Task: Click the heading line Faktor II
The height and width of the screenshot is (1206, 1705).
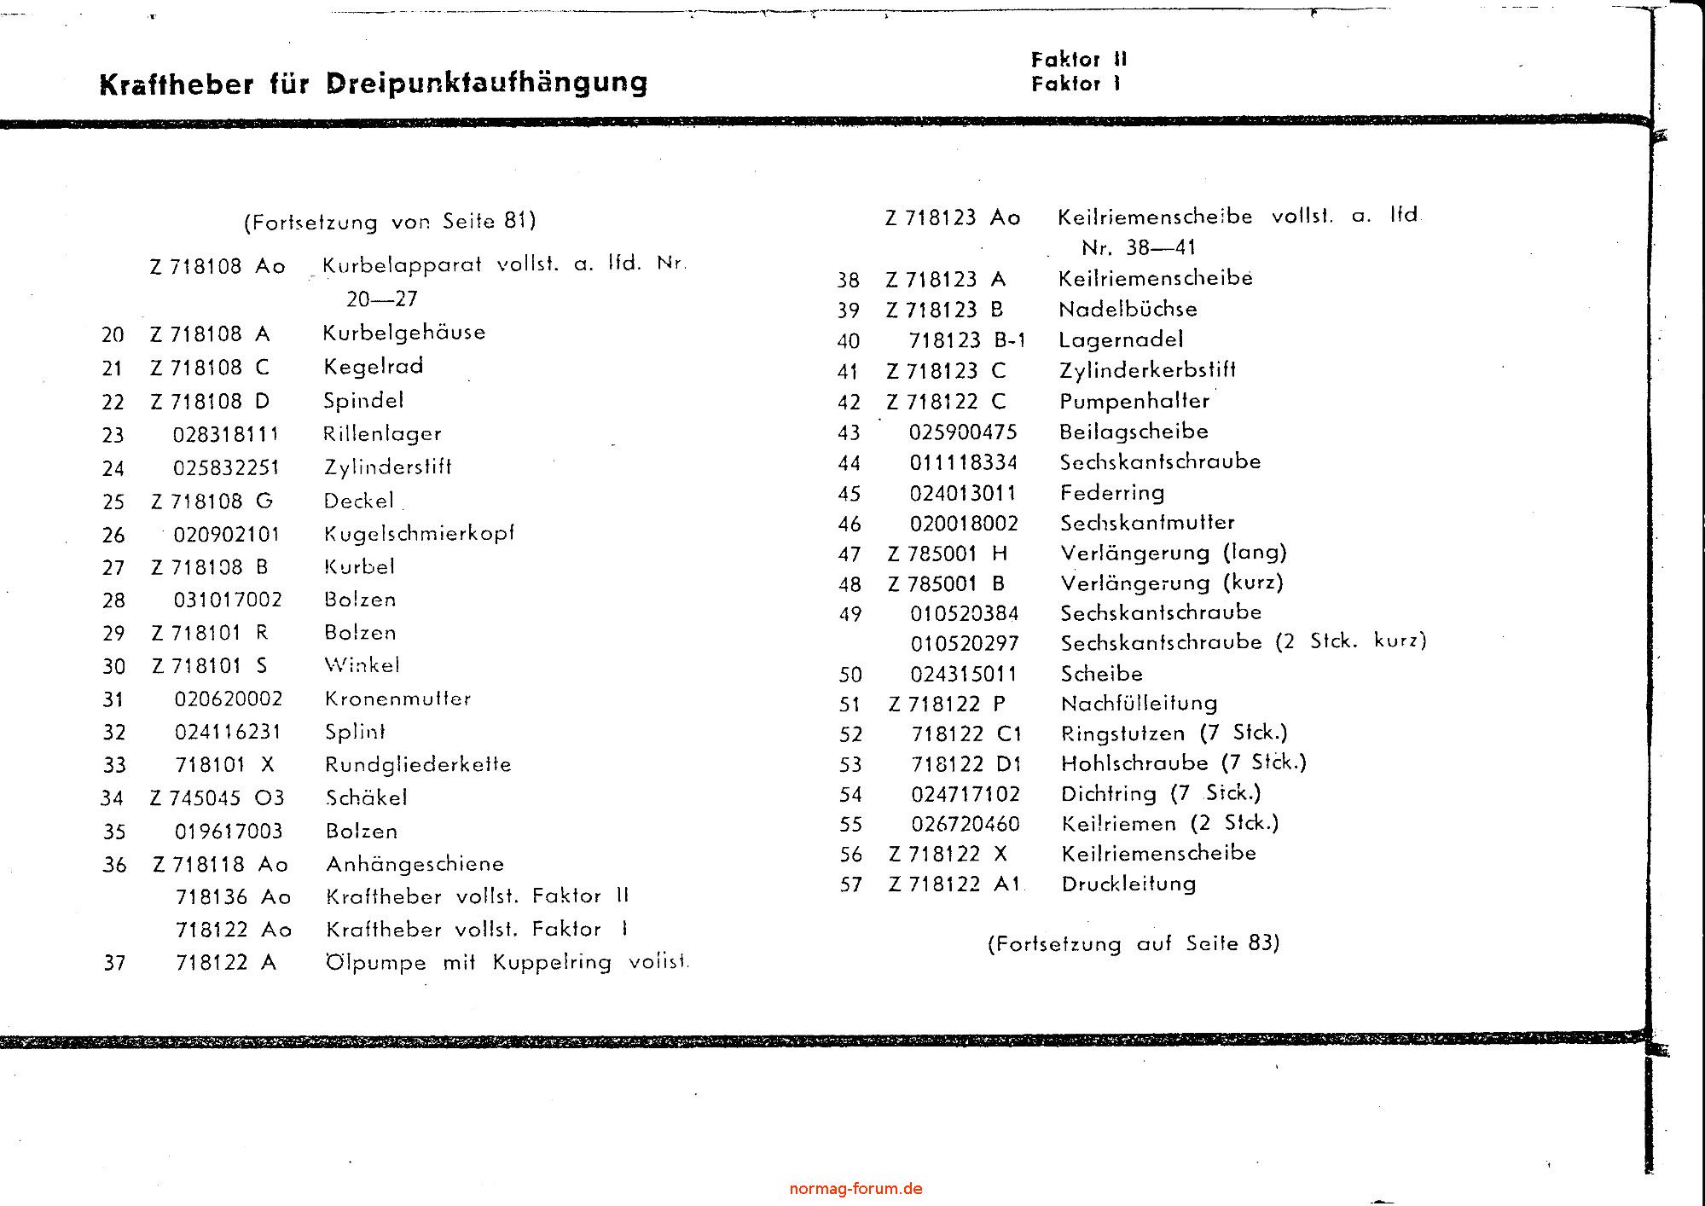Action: pyautogui.click(x=1078, y=60)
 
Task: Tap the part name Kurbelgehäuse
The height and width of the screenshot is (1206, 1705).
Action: pyautogui.click(x=403, y=333)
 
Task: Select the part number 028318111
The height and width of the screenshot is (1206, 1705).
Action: pyautogui.click(x=226, y=434)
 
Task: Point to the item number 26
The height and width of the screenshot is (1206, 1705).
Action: pyautogui.click(x=113, y=536)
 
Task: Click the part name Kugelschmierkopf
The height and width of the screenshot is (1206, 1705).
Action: pyautogui.click(x=419, y=534)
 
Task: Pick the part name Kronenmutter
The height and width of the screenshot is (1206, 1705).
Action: pyautogui.click(x=397, y=699)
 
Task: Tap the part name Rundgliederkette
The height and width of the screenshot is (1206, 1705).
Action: pyautogui.click(x=418, y=764)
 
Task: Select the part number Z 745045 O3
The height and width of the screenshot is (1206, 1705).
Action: pyautogui.click(x=217, y=798)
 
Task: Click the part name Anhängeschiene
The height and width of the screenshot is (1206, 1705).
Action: pyautogui.click(x=415, y=864)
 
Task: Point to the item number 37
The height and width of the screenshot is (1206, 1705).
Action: pyautogui.click(x=114, y=964)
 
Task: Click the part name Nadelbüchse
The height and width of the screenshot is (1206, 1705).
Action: pyautogui.click(x=1128, y=310)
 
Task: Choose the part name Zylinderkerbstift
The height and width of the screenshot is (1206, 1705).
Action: pyautogui.click(x=1147, y=371)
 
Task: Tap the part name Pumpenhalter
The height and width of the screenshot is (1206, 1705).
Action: pyautogui.click(x=1134, y=402)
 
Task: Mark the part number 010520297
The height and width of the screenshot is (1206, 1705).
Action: pyautogui.click(x=964, y=644)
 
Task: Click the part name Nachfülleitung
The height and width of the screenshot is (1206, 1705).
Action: pyautogui.click(x=1139, y=704)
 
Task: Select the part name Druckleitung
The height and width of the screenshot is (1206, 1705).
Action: pyautogui.click(x=1128, y=884)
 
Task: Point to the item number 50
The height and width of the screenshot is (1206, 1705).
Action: pyautogui.click(x=850, y=675)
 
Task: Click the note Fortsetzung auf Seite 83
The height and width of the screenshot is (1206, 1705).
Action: pyautogui.click(x=1134, y=943)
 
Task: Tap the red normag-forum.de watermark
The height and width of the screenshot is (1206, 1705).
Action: pyautogui.click(x=855, y=1189)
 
